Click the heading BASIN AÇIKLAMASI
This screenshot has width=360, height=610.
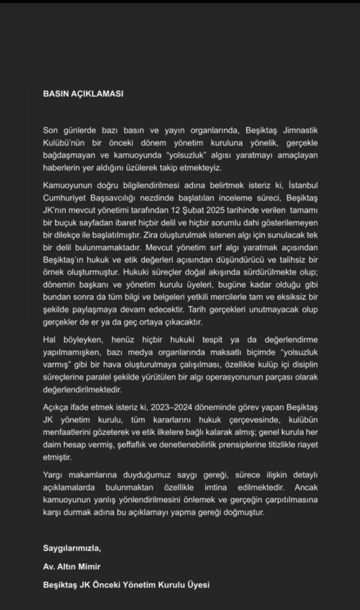click(84, 94)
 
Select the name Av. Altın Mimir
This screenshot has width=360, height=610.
click(69, 566)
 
